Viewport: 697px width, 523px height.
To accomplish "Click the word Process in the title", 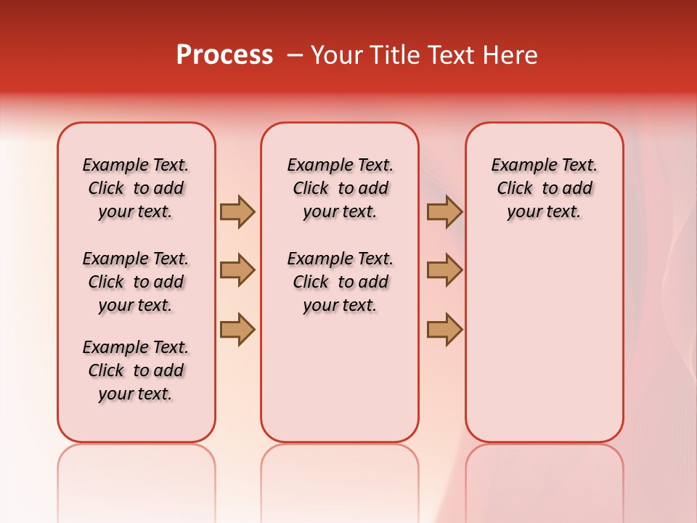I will pyautogui.click(x=224, y=55).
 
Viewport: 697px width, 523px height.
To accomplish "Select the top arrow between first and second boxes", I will pyautogui.click(x=237, y=211).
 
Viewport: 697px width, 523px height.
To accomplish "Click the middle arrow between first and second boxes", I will pyautogui.click(x=237, y=270).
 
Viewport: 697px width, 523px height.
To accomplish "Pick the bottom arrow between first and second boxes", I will pyautogui.click(x=237, y=329).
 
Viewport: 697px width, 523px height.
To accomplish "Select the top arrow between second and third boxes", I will pyautogui.click(x=444, y=211).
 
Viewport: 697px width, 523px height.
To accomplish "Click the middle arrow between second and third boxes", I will pyautogui.click(x=444, y=270).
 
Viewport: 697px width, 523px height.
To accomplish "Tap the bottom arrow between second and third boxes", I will pyautogui.click(x=444, y=329).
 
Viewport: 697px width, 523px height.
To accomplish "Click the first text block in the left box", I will pyautogui.click(x=136, y=188).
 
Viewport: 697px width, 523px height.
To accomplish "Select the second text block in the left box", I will pyautogui.click(x=136, y=282).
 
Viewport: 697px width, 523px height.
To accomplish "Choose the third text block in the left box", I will pyautogui.click(x=136, y=370).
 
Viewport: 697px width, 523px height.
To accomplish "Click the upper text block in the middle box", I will pyautogui.click(x=340, y=188).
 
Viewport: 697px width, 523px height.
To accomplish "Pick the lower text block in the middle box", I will pyautogui.click(x=340, y=282).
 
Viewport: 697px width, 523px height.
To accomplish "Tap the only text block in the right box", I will pyautogui.click(x=544, y=188).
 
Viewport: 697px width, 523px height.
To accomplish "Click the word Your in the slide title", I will pyautogui.click(x=335, y=55).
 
